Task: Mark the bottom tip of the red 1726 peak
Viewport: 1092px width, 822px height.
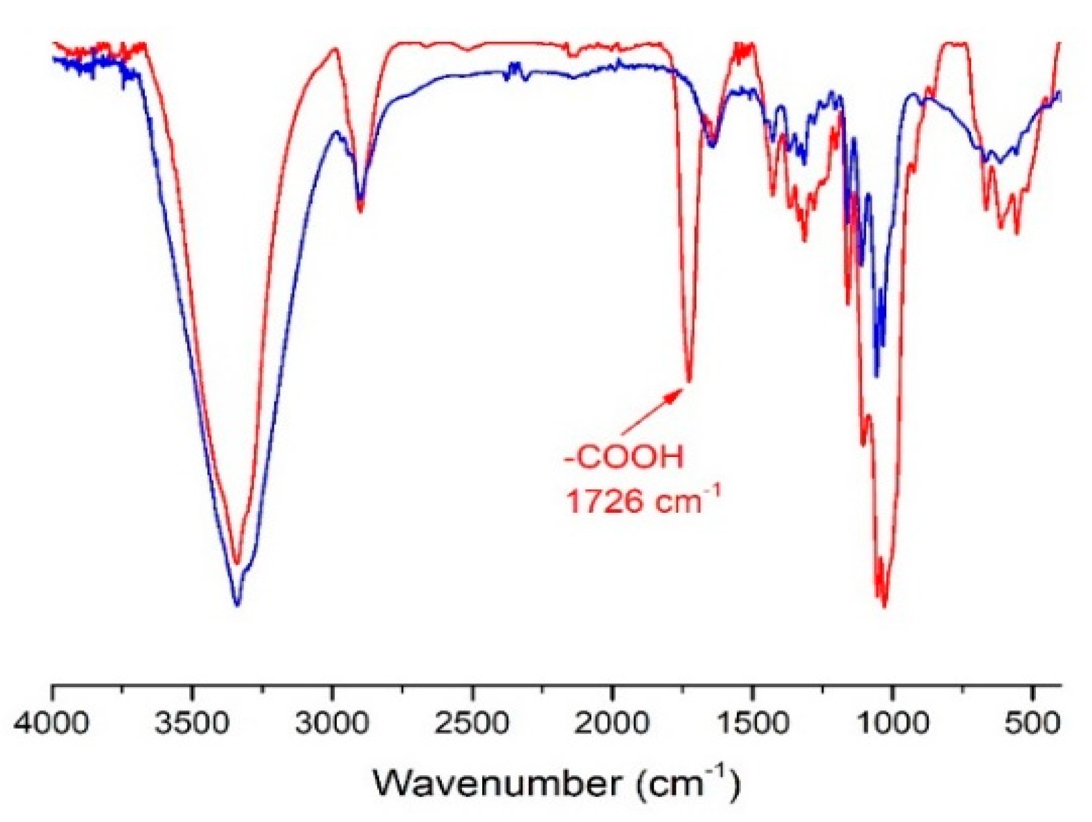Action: (x=690, y=380)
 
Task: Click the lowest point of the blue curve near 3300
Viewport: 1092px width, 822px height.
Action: (x=237, y=605)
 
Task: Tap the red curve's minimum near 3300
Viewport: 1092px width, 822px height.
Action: (x=237, y=563)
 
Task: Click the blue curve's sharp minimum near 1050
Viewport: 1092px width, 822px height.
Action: (x=877, y=376)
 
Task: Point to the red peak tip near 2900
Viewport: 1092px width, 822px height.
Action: (x=361, y=211)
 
